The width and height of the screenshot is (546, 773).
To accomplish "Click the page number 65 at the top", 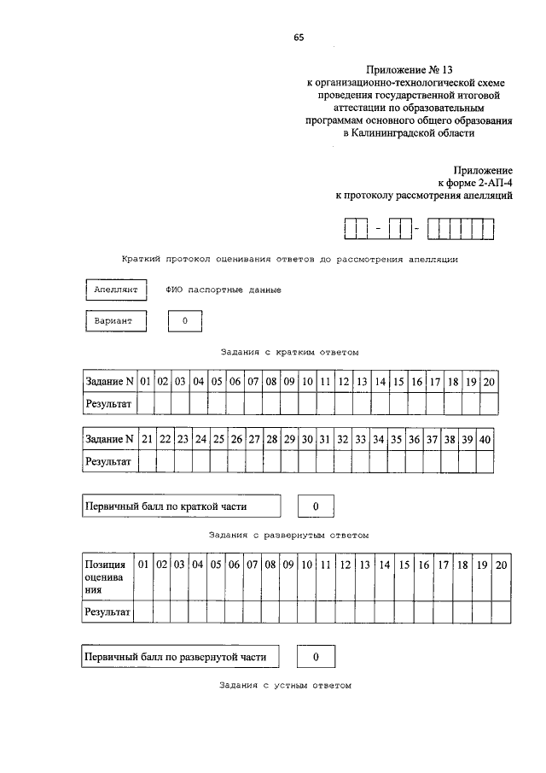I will tap(298, 37).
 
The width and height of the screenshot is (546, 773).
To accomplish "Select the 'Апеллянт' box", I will tap(116, 290).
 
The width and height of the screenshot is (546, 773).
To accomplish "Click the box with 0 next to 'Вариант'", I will tap(185, 321).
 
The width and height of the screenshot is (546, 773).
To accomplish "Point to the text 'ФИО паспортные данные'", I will tap(224, 290).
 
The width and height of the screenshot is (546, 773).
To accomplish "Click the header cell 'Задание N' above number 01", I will tap(109, 381).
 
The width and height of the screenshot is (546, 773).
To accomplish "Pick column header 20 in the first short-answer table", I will tap(489, 381).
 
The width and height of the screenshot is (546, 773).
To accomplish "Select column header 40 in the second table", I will tap(485, 439).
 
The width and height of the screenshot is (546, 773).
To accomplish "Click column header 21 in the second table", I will tap(148, 439).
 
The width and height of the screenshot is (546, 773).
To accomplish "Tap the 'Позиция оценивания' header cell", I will tap(106, 577).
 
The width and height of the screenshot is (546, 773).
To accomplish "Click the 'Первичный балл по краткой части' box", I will tap(181, 507).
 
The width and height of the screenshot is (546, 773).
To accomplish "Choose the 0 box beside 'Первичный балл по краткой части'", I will tap(316, 507).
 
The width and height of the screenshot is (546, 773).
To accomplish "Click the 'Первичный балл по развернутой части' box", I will tap(181, 657).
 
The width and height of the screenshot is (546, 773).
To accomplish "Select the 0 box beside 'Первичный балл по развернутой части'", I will tap(316, 657).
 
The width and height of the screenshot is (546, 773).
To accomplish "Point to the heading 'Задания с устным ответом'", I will tap(285, 685).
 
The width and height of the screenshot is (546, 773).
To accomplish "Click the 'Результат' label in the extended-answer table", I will tap(107, 612).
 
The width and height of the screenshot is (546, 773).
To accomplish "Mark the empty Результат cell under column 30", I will tap(306, 461).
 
